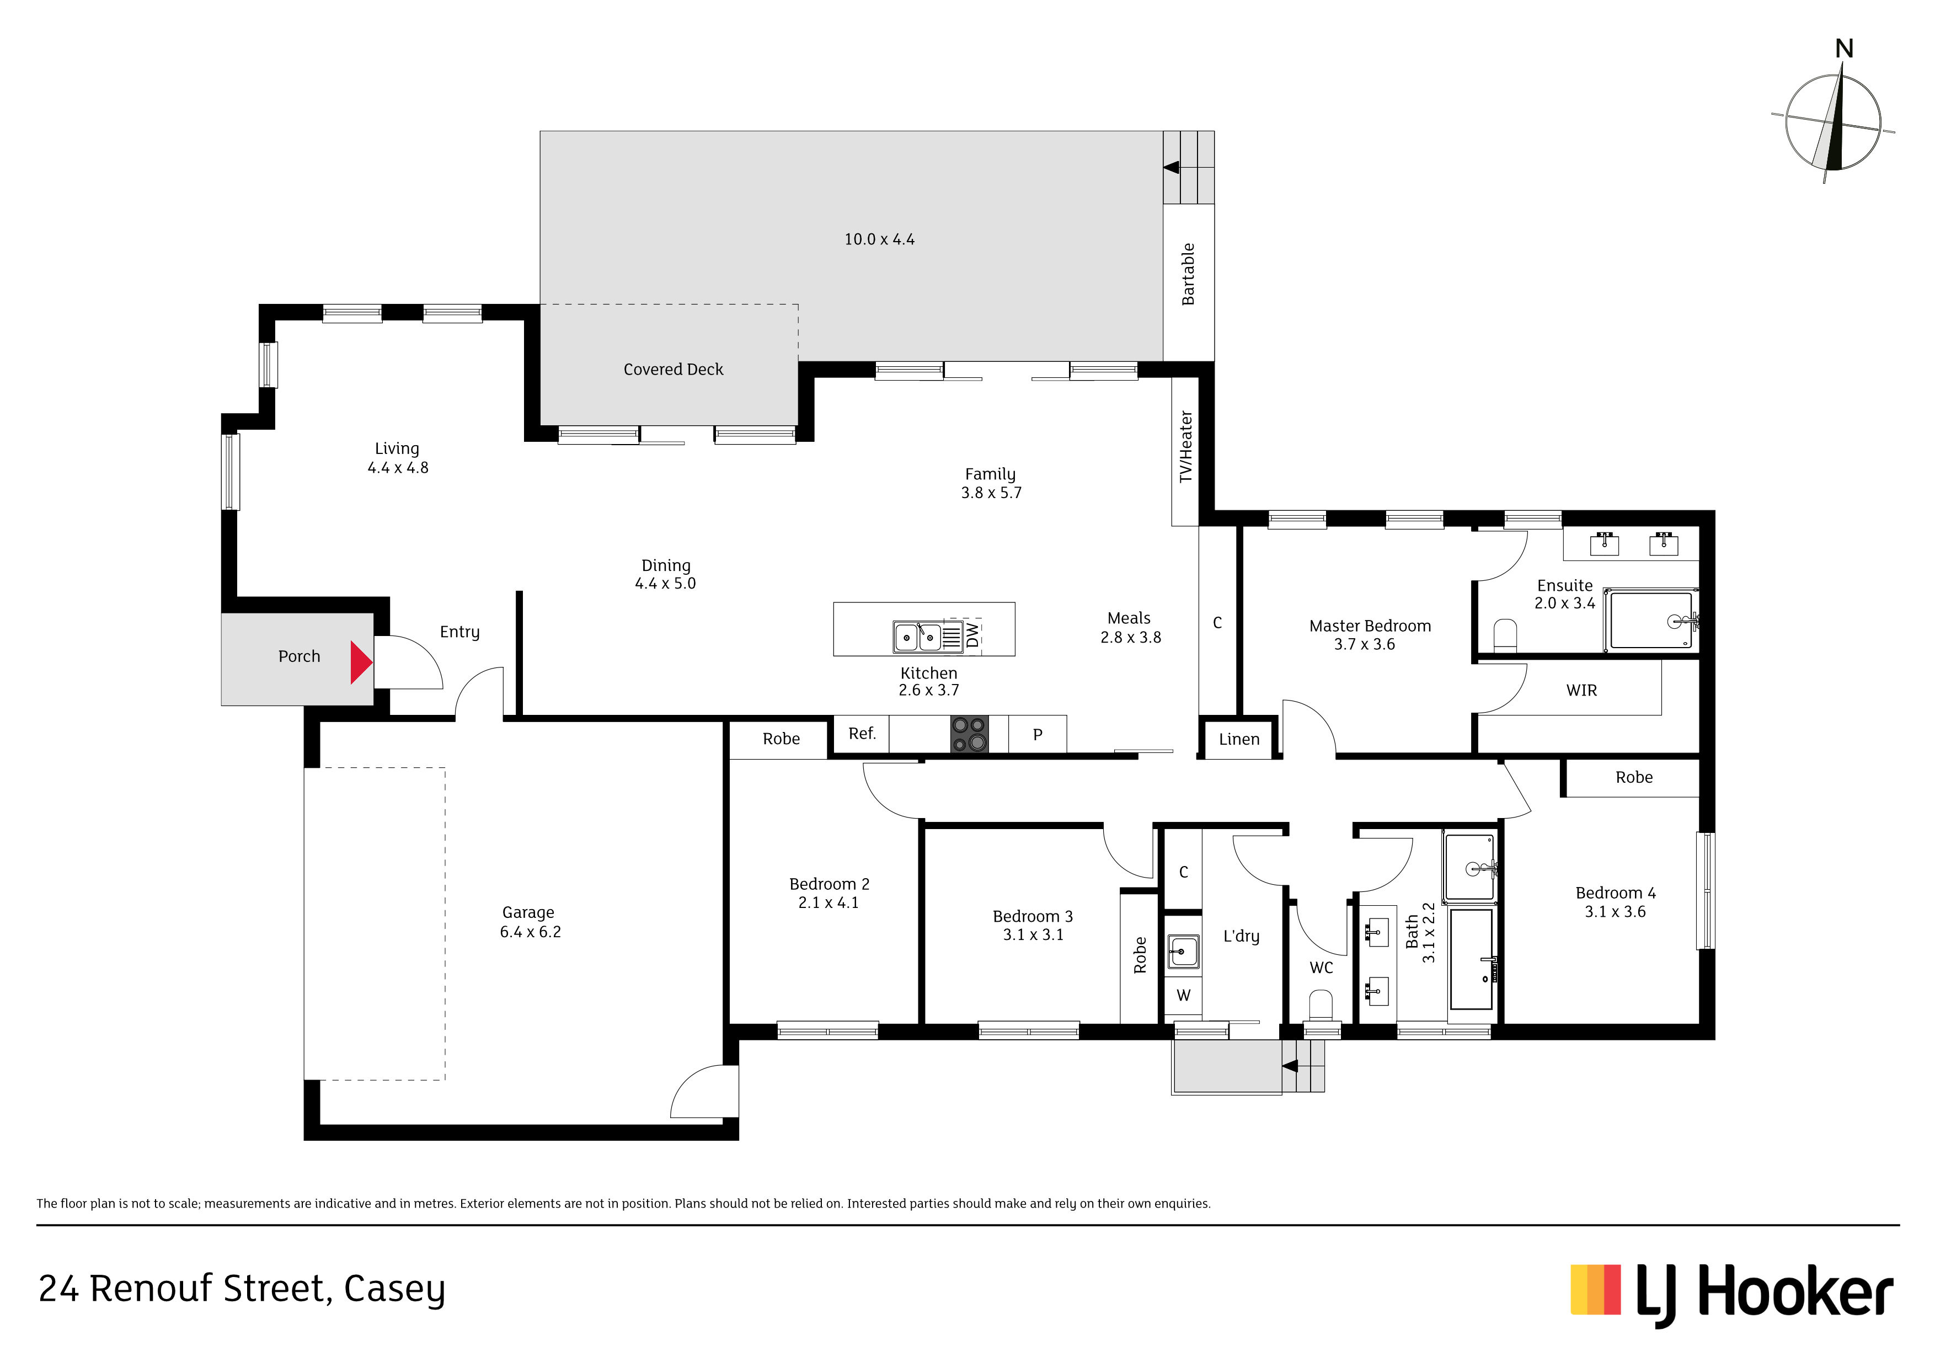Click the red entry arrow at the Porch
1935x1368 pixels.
tap(361, 662)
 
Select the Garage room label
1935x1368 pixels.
tap(528, 913)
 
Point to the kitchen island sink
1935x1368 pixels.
tap(918, 637)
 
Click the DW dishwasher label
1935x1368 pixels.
tap(972, 635)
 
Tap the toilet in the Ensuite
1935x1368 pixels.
tap(1505, 635)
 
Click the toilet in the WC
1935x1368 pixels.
tap(1321, 1006)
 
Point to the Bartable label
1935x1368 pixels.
tap(1188, 274)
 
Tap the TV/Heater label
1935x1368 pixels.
tap(1186, 447)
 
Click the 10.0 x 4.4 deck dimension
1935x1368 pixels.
tap(879, 239)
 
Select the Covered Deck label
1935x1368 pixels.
tap(673, 369)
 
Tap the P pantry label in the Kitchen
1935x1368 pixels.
tap(1038, 734)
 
